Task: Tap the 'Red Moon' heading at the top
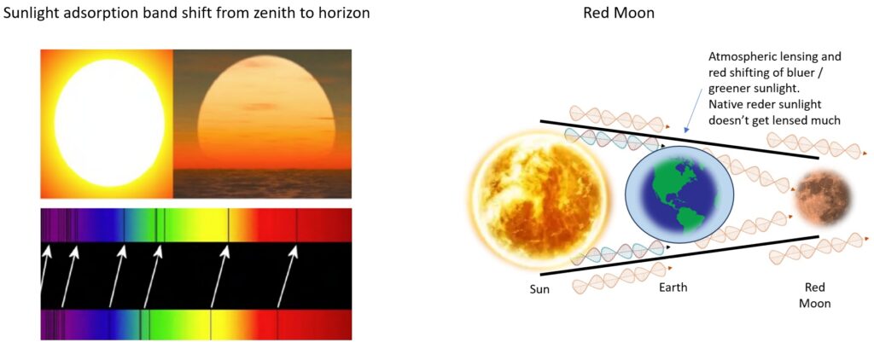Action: (x=619, y=13)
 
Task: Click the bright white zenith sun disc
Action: (x=109, y=123)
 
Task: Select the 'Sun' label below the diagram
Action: (x=539, y=289)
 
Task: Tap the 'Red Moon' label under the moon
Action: (x=815, y=295)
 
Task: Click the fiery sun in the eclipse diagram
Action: (x=539, y=200)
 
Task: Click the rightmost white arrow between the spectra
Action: (x=287, y=277)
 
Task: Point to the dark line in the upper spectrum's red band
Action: (x=296, y=225)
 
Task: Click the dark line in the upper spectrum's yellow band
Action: (x=228, y=225)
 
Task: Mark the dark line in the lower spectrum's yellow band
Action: (x=211, y=324)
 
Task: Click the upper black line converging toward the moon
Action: (x=679, y=139)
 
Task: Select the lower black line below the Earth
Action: (x=679, y=255)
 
